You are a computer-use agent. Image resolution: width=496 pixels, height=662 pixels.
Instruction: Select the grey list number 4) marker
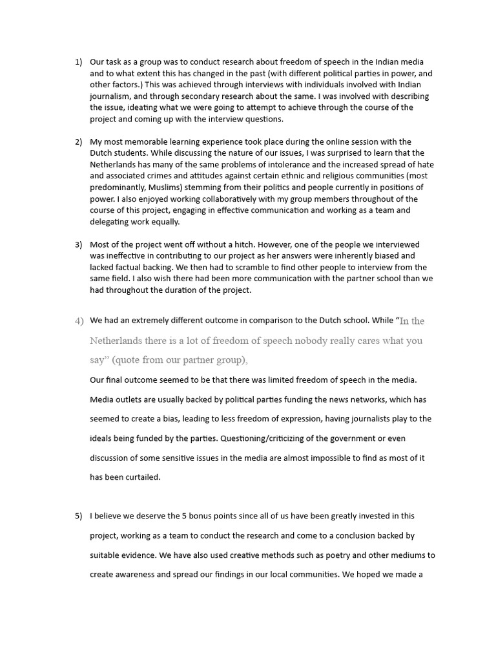79,321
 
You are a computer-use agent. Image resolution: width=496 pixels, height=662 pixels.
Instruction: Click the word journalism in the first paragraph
111,96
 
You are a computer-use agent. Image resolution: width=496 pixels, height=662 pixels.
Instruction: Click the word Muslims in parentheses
159,187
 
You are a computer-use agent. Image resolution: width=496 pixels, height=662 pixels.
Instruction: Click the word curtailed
138,477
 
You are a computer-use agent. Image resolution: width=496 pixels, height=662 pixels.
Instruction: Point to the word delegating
111,222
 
